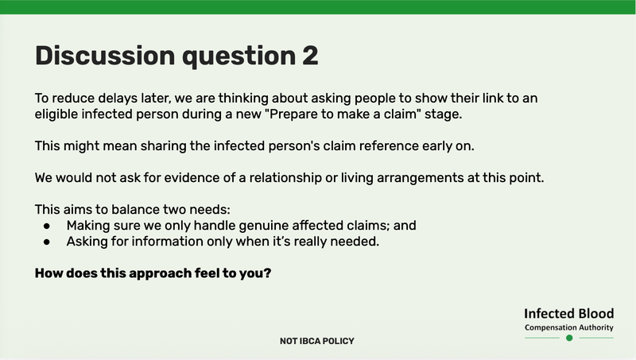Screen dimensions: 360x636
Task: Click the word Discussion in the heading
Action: click(105, 56)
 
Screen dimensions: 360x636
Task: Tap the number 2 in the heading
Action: click(308, 56)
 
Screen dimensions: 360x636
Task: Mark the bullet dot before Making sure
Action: click(48, 226)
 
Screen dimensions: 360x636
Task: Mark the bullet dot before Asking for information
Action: click(48, 241)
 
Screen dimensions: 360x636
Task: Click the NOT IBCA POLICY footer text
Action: click(317, 341)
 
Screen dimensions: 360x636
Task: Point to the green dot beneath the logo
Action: click(569, 338)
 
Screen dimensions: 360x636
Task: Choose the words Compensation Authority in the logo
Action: click(569, 327)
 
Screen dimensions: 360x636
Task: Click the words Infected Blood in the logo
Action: click(569, 313)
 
